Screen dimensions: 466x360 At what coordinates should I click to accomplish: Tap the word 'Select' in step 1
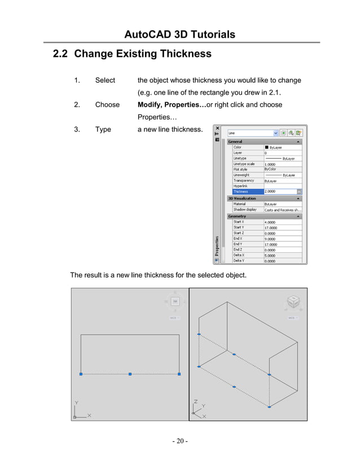pyautogui.click(x=105, y=80)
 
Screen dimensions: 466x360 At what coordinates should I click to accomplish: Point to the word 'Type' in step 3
pyautogui.click(x=103, y=129)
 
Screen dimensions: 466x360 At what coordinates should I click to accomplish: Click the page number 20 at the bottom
pyautogui.click(x=180, y=441)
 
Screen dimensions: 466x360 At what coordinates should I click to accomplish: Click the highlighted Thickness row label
pyautogui.click(x=240, y=192)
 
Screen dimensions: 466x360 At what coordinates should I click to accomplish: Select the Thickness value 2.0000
pyautogui.click(x=274, y=192)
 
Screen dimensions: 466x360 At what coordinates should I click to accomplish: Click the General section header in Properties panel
pyautogui.click(x=235, y=142)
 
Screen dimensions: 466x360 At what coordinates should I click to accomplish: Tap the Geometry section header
pyautogui.click(x=237, y=216)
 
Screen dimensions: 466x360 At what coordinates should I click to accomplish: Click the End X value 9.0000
pyautogui.click(x=271, y=239)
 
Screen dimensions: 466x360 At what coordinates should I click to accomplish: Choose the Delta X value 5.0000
pyautogui.click(x=271, y=255)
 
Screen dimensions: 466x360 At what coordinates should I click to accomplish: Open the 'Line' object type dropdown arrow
pyautogui.click(x=275, y=133)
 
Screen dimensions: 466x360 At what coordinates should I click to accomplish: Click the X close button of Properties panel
pyautogui.click(x=217, y=128)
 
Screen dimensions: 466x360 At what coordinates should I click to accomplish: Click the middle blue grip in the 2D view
pyautogui.click(x=130, y=374)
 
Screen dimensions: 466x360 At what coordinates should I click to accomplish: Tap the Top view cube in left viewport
pyautogui.click(x=175, y=302)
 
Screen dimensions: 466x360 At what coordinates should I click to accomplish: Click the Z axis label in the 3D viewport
pyautogui.click(x=195, y=402)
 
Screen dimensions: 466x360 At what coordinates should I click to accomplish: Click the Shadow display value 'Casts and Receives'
pyautogui.click(x=282, y=210)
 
